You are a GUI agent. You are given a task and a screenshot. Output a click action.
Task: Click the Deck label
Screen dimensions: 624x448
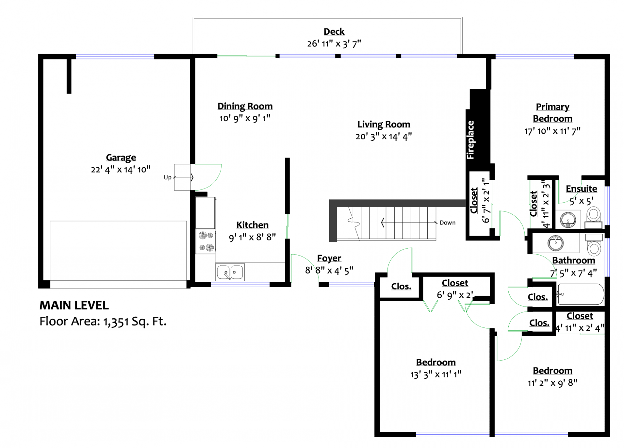tap(334, 32)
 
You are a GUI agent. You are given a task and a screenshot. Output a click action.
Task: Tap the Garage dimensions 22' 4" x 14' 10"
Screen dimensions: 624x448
tap(121, 170)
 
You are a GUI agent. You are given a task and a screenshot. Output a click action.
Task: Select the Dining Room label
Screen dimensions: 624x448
tap(245, 106)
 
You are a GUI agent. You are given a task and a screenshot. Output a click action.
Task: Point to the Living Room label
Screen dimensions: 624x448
tap(383, 124)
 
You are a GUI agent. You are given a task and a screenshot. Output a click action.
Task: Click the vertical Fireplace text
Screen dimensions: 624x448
tap(470, 140)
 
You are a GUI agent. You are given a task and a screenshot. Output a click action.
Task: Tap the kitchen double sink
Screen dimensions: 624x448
tap(230, 272)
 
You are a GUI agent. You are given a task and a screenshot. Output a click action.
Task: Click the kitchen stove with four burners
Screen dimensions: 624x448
tap(206, 241)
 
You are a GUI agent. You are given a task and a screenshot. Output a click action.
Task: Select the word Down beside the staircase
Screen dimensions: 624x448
tap(448, 223)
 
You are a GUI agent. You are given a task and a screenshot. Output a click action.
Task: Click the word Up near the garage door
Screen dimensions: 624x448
tap(167, 177)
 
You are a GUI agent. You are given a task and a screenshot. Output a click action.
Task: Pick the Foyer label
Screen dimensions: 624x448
tap(329, 258)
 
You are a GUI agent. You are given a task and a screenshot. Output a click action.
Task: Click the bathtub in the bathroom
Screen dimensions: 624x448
tap(580, 294)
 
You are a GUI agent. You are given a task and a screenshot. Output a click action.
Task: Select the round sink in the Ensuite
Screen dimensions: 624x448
tap(568, 220)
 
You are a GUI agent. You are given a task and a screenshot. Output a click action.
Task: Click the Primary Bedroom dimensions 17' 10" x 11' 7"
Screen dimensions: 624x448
tap(552, 131)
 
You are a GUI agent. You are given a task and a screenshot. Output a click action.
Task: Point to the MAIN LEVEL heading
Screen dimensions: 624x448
tap(74, 305)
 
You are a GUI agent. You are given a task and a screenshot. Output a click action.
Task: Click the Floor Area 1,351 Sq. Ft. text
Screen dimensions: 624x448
tap(103, 321)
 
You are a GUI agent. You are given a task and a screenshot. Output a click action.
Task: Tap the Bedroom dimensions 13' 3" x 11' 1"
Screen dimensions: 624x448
tap(436, 375)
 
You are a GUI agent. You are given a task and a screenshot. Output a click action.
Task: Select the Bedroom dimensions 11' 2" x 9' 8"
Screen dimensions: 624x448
tap(552, 383)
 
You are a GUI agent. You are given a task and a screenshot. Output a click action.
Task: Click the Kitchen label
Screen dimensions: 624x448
tap(252, 225)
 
